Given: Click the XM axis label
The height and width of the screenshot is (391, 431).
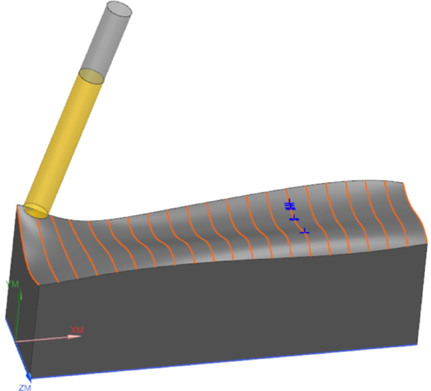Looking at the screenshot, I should point(77,330).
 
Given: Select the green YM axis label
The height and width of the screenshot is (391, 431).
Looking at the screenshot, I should point(12,284).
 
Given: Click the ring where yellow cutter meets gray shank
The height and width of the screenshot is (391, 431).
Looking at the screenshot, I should point(91,76).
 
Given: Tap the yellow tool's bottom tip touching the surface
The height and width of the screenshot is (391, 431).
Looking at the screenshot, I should point(36,210).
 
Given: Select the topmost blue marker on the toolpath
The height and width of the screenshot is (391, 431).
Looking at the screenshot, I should point(289,206).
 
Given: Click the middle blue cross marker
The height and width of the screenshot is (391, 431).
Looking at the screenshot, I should point(293,218).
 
